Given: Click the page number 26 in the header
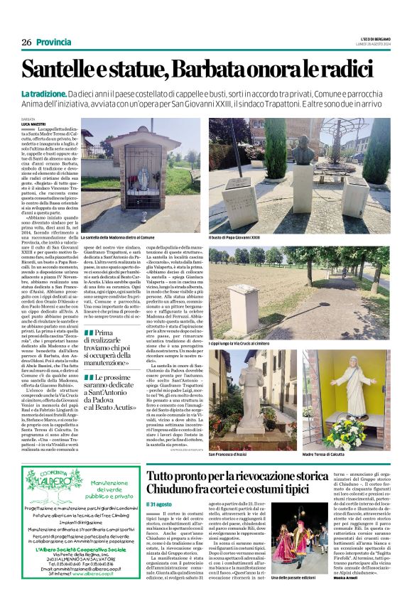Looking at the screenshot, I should pos(26,42).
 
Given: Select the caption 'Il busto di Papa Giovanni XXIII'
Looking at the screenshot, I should pos(234,237).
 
